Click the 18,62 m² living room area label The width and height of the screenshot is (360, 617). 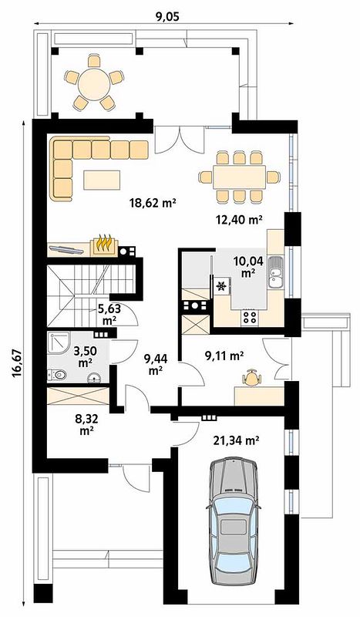[x=152, y=203]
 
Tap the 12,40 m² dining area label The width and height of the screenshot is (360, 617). [x=239, y=219]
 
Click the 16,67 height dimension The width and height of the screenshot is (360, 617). [x=16, y=364]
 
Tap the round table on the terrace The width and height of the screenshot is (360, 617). [x=93, y=83]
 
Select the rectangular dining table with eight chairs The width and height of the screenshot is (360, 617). [x=240, y=177]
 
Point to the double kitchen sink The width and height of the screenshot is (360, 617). [x=275, y=272]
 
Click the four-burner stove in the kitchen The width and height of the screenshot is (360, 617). [x=250, y=317]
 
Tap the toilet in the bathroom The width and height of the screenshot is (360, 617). [x=57, y=375]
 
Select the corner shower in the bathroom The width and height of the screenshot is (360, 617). [x=59, y=343]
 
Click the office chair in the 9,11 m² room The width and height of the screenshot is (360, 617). [x=252, y=378]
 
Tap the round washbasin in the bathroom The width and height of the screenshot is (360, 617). [x=93, y=378]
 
